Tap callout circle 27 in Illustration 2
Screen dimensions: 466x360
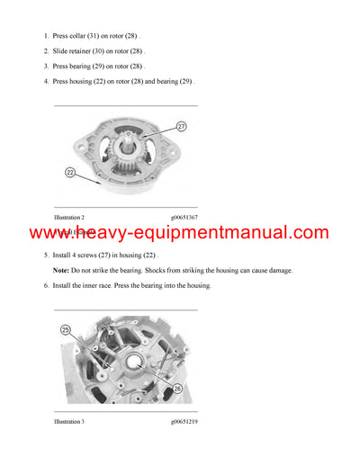click(181, 127)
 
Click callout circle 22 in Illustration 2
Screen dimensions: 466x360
click(70, 171)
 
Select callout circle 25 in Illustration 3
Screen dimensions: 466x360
click(66, 329)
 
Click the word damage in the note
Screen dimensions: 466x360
click(279, 270)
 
